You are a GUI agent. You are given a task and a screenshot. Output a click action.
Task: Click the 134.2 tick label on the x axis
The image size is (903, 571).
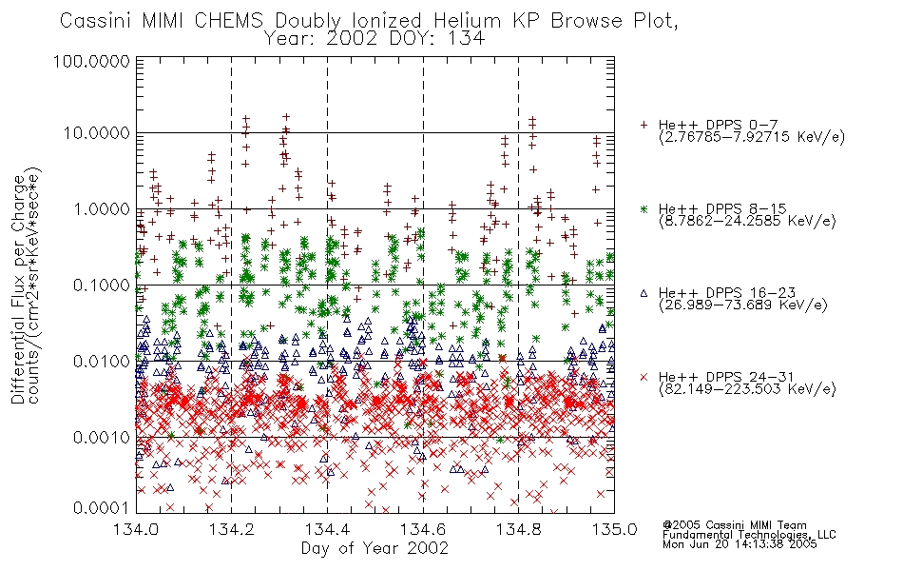pos(232,529)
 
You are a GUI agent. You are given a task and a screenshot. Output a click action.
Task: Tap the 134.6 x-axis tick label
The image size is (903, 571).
pos(423,529)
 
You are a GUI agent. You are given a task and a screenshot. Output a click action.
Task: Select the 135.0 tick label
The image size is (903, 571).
pos(614,529)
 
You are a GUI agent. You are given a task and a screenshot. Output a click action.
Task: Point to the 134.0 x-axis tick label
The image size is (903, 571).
pos(137,529)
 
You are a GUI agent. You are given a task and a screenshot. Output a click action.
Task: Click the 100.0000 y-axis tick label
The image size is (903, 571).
pos(92,61)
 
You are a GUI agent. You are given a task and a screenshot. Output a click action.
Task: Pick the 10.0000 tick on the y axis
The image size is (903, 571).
pos(97,133)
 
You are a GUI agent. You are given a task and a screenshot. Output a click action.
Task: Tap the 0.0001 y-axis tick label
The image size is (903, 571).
pos(102,507)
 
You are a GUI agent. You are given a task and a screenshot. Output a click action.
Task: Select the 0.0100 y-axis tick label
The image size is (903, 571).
pos(102,362)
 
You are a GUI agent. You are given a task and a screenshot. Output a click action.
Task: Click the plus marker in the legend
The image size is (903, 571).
pos(644,125)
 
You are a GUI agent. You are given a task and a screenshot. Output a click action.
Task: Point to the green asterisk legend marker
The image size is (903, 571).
pos(644,208)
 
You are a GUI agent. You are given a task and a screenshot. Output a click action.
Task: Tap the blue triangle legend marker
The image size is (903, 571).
pos(644,293)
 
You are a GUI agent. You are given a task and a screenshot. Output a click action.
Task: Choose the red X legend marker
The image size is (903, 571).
pos(644,377)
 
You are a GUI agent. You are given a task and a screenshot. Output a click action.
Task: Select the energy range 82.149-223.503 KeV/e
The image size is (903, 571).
pos(747,389)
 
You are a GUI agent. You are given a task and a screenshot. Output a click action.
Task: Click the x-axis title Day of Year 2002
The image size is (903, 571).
pos(375,548)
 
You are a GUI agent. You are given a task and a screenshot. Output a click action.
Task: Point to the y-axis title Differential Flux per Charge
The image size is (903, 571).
pos(18,289)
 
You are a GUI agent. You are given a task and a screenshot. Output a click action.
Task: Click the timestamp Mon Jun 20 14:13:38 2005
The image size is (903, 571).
pos(740,543)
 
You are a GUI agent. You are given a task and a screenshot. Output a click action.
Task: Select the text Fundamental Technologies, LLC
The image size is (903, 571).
pos(749,535)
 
